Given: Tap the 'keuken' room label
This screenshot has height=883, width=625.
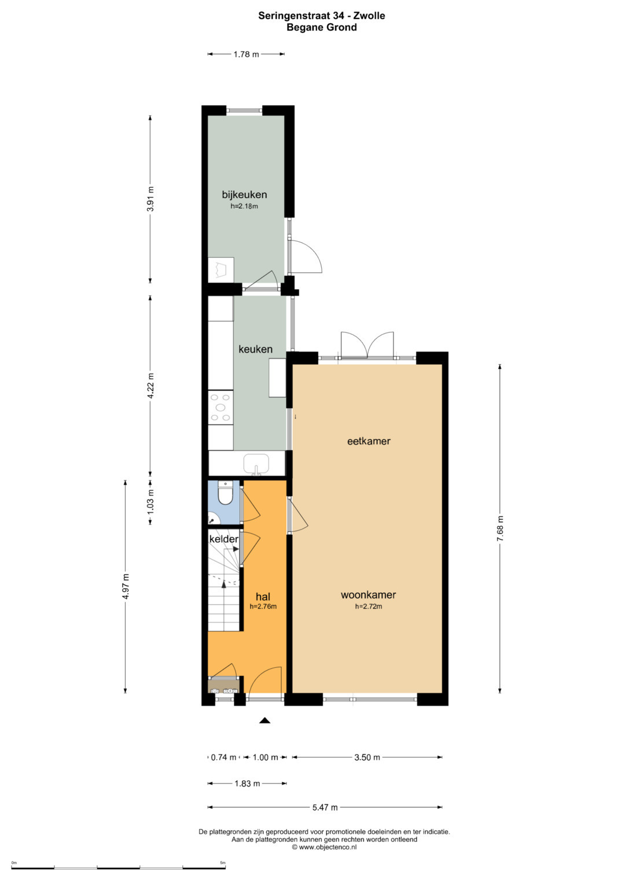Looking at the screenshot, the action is click(255, 349).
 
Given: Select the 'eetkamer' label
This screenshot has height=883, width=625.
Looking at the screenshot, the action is click(369, 441).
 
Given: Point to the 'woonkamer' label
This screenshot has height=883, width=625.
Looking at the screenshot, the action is click(368, 595).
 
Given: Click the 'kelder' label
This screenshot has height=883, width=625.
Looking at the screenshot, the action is click(224, 539).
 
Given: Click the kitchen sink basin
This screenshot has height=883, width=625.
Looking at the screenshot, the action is click(256, 464).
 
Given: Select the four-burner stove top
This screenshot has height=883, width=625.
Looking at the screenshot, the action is click(220, 407).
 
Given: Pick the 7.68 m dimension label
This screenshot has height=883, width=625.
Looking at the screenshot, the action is click(500, 529).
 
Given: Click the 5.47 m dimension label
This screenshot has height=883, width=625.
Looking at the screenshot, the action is click(325, 807).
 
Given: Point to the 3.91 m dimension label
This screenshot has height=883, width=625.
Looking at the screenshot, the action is click(150, 199).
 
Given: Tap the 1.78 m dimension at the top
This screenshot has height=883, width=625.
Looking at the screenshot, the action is click(246, 54).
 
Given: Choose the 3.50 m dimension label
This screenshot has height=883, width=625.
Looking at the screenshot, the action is click(367, 758).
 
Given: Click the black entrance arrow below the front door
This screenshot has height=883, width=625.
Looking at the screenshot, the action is click(265, 720).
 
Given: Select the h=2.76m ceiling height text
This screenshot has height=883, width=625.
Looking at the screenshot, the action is click(263, 607).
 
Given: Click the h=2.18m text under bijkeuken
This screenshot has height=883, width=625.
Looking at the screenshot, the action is click(244, 206).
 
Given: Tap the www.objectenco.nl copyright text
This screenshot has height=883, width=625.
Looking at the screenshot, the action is click(324, 847).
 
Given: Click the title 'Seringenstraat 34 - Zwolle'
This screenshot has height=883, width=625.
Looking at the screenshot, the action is click(322, 16).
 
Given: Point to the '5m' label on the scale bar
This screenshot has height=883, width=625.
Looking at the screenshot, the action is click(223, 863).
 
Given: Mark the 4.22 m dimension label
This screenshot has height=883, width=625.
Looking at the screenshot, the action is click(150, 386).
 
